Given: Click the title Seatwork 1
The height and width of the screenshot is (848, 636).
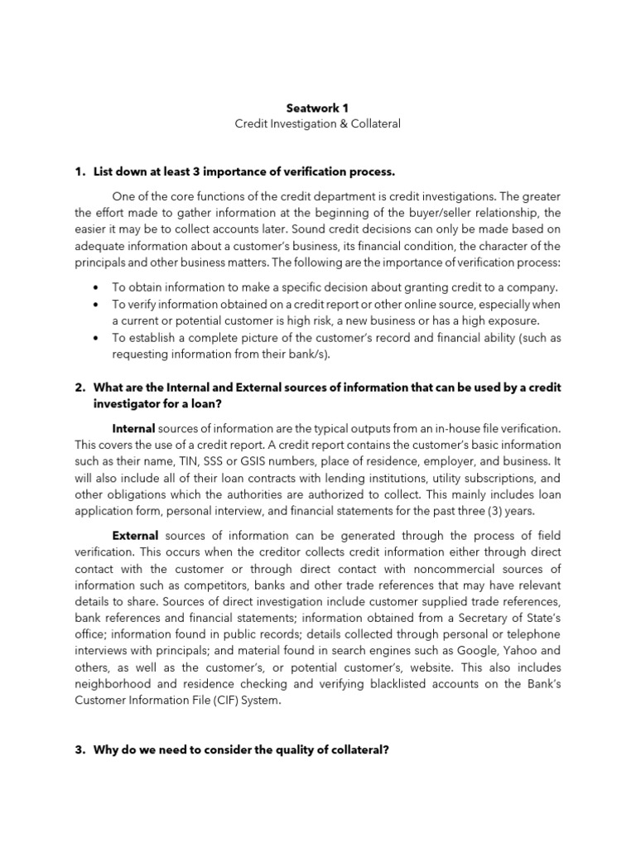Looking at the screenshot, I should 317,107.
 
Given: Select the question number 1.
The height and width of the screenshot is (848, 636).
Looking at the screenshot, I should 80,171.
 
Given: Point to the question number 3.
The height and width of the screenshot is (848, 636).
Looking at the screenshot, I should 80,750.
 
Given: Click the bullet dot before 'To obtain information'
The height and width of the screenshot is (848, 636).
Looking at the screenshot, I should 99,287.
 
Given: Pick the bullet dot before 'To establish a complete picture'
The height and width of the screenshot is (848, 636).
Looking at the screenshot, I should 99,338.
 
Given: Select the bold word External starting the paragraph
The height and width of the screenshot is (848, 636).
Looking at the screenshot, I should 135,536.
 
